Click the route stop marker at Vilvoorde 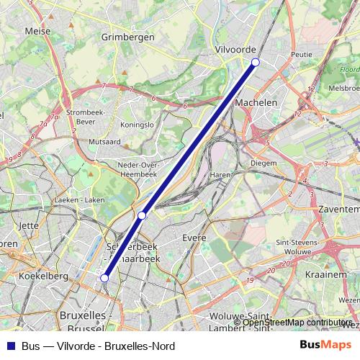[255, 63]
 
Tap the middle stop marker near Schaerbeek [143, 215]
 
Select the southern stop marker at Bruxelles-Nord [104, 277]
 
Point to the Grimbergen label [128, 36]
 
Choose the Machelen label [256, 103]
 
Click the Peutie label [301, 54]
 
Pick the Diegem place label [263, 163]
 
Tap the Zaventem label [338, 206]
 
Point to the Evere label [194, 238]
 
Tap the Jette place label [29, 225]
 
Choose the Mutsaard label [104, 143]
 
